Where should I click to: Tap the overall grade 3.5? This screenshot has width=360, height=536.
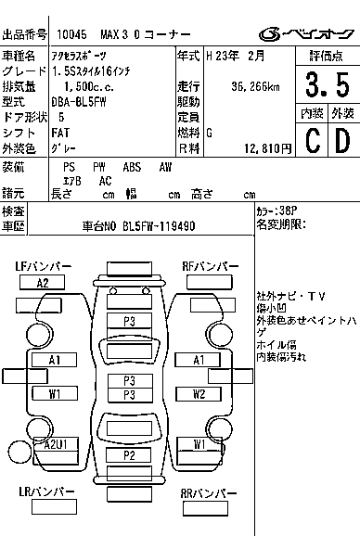(x=326, y=85)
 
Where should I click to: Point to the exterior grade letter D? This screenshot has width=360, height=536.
(x=341, y=140)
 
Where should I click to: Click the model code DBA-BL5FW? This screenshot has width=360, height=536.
(x=79, y=102)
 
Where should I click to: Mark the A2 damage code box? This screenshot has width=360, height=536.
(x=43, y=283)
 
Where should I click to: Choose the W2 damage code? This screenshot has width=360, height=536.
(x=199, y=393)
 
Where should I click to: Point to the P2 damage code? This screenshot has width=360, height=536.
(x=130, y=454)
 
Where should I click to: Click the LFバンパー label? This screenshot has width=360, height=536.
(x=44, y=266)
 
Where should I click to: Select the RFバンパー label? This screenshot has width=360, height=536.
(x=208, y=266)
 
